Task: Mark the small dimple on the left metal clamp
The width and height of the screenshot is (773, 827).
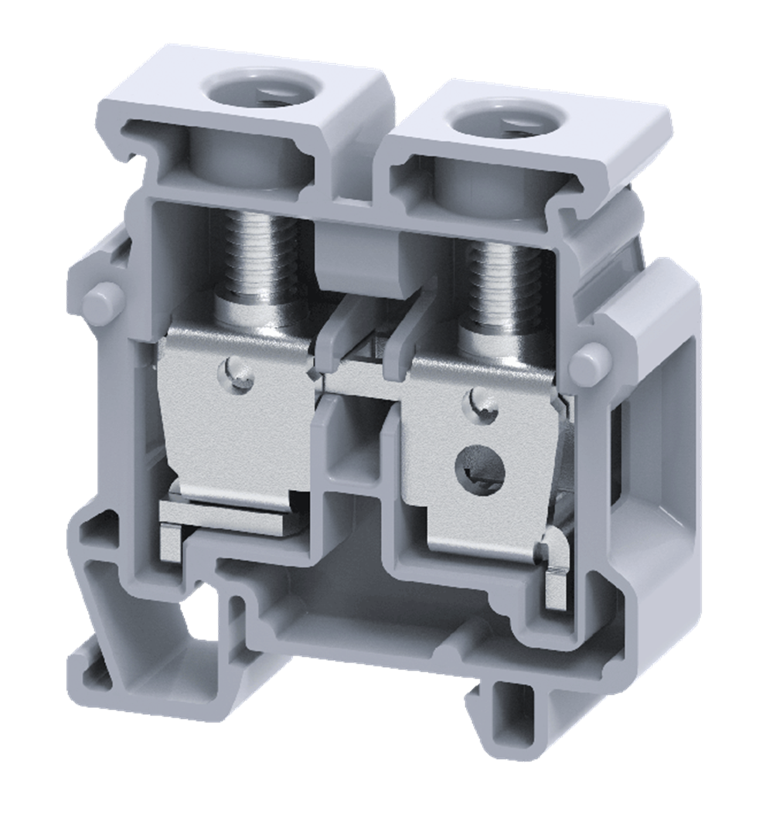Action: tap(242, 372)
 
